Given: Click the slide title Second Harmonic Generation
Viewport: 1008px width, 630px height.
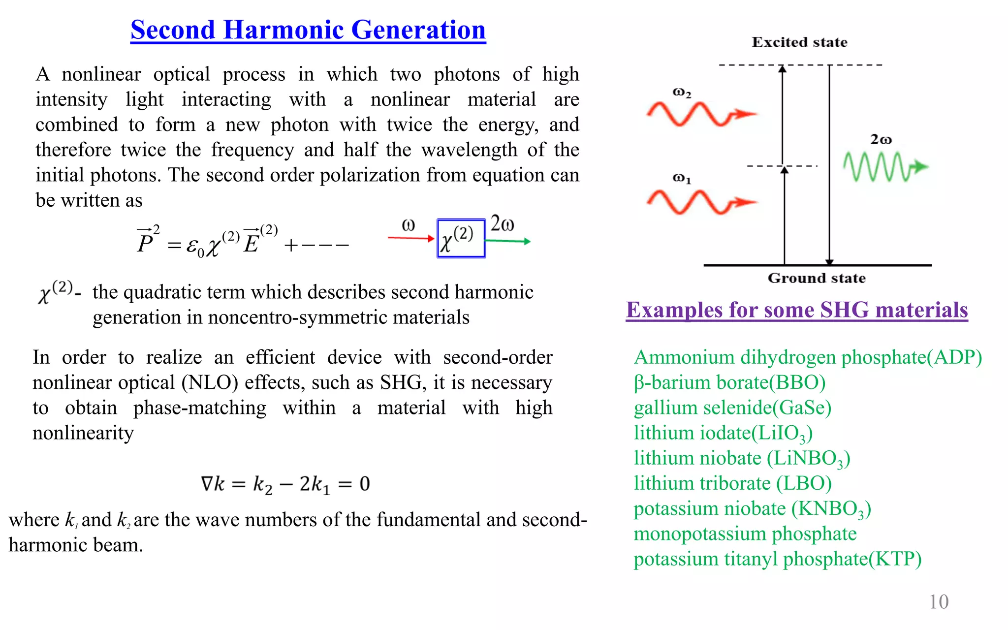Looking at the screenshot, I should [308, 30].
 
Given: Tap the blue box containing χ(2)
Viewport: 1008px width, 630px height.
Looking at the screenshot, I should [461, 239].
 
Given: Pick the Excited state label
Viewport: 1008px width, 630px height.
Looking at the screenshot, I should [799, 42].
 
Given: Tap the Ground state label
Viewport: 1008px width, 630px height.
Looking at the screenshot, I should [817, 278].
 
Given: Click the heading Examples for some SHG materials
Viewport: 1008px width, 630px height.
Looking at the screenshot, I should [796, 310].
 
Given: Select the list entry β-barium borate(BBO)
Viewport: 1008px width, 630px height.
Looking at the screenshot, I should [729, 382].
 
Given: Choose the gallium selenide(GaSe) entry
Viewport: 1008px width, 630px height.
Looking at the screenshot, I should [732, 408].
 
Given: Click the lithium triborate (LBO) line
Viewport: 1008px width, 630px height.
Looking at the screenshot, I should [732, 483].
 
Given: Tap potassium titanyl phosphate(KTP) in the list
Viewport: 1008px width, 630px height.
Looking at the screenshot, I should [777, 559].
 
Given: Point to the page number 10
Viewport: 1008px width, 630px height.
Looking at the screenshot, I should [939, 601].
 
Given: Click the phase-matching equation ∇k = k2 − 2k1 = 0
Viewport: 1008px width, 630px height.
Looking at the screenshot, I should [285, 484].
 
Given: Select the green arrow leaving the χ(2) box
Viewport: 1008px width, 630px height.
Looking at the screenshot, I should [507, 241].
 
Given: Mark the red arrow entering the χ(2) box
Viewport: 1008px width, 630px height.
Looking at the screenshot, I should [411, 238].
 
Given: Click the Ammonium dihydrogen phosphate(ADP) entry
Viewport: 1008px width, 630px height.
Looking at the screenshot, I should [808, 357].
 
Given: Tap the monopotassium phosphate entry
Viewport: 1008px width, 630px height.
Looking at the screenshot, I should [745, 534].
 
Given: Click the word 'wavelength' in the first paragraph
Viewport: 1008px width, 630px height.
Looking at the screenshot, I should [469, 150].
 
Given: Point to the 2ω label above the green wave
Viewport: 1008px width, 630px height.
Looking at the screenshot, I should [881, 140].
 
